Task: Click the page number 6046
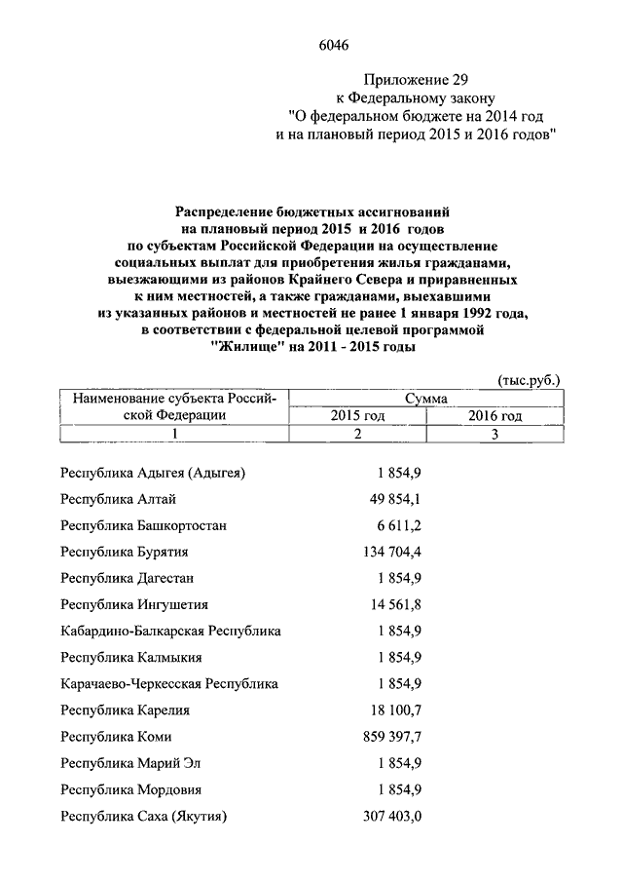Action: coord(333,44)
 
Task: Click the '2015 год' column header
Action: coord(359,416)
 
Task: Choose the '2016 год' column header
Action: coord(495,416)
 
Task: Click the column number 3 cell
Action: coord(495,434)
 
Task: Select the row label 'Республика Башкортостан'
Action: coord(143,526)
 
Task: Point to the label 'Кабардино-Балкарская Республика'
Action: coord(170,632)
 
